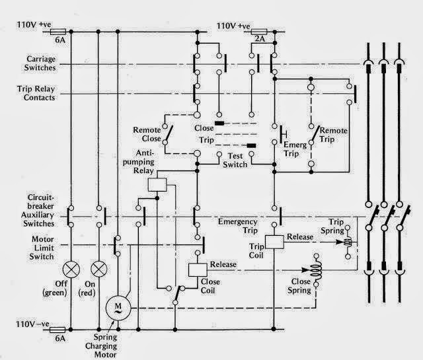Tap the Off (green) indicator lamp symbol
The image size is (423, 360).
click(x=70, y=269)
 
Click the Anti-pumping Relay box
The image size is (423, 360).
click(x=157, y=184)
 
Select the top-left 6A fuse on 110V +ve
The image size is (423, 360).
click(x=57, y=31)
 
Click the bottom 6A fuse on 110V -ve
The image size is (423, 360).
click(x=57, y=328)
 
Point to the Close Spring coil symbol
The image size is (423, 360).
click(x=315, y=271)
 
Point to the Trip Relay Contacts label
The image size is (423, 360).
click(x=32, y=92)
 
